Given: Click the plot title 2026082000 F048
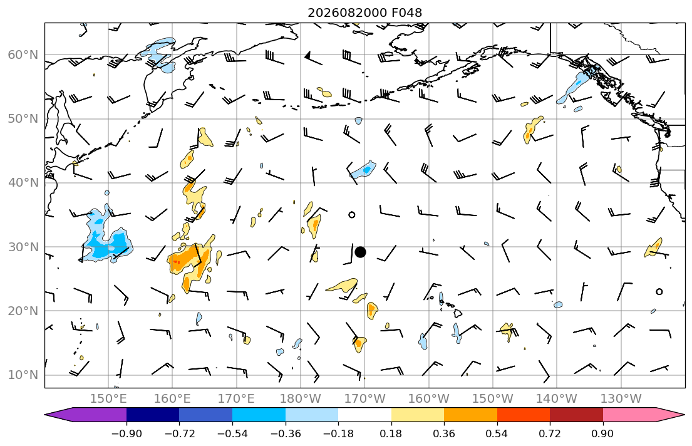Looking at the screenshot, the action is [x=364, y=13].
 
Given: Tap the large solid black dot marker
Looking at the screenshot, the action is [x=360, y=252].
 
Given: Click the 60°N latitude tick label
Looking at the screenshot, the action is [x=23, y=54].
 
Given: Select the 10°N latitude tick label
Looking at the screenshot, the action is [x=23, y=375].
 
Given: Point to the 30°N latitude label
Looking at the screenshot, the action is [x=23, y=247].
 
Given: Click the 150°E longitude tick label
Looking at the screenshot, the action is [x=108, y=399].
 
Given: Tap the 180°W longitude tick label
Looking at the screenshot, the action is [x=301, y=399].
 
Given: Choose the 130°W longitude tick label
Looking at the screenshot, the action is [x=621, y=399].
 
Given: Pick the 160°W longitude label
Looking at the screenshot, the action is [x=428, y=399].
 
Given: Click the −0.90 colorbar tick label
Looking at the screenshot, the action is [x=127, y=433].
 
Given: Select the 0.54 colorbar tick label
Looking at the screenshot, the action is [x=497, y=433].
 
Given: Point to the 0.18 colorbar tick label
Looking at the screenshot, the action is [x=391, y=433].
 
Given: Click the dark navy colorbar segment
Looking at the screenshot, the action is [x=153, y=415].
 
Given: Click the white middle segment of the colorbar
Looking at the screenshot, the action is [x=364, y=415].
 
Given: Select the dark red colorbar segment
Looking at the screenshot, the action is [x=576, y=415].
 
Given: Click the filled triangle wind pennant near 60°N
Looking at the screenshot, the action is [x=307, y=55].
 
